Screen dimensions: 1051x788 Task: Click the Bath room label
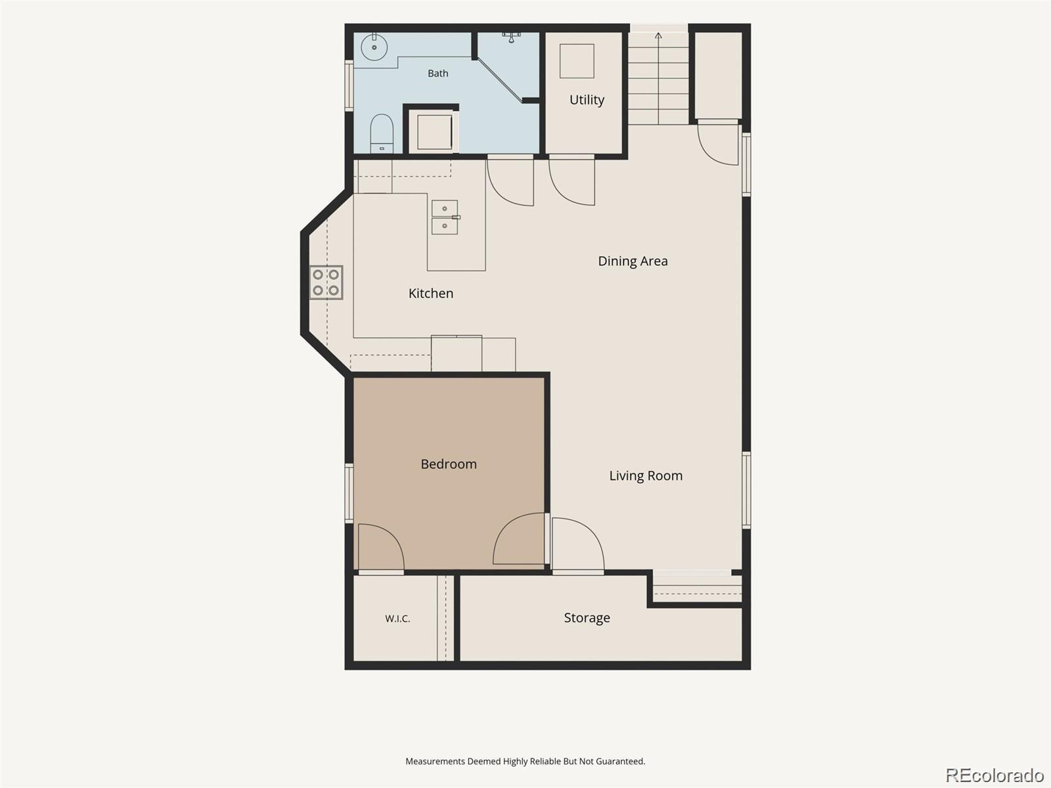tap(437, 73)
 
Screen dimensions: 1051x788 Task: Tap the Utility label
tap(587, 100)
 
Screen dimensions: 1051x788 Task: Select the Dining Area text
tap(633, 261)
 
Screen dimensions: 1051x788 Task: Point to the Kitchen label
tap(430, 294)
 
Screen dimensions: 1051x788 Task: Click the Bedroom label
tap(449, 464)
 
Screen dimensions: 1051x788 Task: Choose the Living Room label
tap(646, 475)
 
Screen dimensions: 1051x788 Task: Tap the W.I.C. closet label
tap(397, 619)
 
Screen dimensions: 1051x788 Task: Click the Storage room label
tap(587, 618)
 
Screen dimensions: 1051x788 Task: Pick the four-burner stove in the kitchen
tap(326, 282)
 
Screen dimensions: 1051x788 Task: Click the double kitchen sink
tap(445, 217)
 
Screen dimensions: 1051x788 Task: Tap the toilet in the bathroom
tap(382, 133)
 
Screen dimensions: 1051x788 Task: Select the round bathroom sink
tap(374, 47)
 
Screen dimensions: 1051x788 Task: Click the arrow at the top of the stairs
tap(658, 35)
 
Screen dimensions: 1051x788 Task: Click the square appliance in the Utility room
tap(577, 61)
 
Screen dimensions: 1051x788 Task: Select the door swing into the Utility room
tap(571, 181)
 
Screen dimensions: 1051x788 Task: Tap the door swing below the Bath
tap(510, 181)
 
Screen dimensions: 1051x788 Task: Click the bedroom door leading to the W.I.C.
tap(381, 548)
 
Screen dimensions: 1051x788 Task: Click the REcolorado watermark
tap(995, 775)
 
